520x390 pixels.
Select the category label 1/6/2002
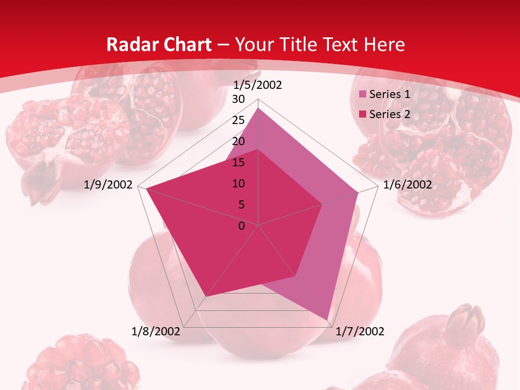(x=407, y=185)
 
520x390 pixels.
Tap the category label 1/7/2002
(x=360, y=331)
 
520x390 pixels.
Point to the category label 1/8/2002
(x=156, y=331)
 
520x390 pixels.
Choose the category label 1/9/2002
(x=108, y=185)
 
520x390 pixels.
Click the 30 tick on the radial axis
(x=238, y=99)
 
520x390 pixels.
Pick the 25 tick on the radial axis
(x=238, y=120)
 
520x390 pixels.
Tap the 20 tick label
(x=238, y=141)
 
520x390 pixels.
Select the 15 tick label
(x=238, y=162)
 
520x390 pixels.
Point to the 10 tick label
(x=238, y=184)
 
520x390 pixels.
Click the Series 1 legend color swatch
(x=363, y=95)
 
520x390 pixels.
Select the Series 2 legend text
(x=389, y=114)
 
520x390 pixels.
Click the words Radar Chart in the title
(x=159, y=44)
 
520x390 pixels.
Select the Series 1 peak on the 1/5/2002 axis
(x=258, y=108)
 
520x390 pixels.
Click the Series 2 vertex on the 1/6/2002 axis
(x=322, y=205)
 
